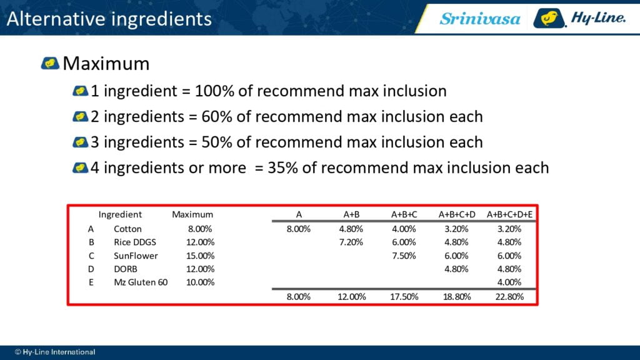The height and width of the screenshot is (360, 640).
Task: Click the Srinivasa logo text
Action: coord(479,19)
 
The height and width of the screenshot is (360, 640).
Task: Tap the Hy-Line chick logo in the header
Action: coord(549,18)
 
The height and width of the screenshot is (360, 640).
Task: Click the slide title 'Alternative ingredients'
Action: coord(109,19)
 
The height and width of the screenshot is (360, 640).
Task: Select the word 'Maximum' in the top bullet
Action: coord(106,64)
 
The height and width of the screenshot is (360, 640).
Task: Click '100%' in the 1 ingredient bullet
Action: coord(214,91)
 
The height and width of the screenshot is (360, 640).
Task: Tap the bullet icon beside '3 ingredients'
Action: coord(81,142)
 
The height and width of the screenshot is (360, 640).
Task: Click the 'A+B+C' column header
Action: coord(404,215)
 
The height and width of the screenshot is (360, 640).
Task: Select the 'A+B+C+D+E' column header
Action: coord(509,215)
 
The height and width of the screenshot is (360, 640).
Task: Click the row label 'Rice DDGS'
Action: coord(135,242)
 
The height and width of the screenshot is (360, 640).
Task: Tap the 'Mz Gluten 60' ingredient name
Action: coord(141,282)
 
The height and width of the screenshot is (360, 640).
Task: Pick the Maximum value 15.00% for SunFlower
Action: coord(200,256)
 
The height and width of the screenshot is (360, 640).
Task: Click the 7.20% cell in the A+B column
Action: coord(351,242)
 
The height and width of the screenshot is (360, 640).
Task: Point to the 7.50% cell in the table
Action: coord(404,256)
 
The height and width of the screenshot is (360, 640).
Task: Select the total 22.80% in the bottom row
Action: coord(509,297)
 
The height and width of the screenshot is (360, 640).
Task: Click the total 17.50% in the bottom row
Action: coord(404,297)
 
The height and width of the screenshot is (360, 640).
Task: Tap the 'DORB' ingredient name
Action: coord(125,269)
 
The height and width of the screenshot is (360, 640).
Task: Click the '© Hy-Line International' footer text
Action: coord(55,352)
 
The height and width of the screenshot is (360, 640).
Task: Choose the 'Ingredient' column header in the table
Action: coord(120,215)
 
